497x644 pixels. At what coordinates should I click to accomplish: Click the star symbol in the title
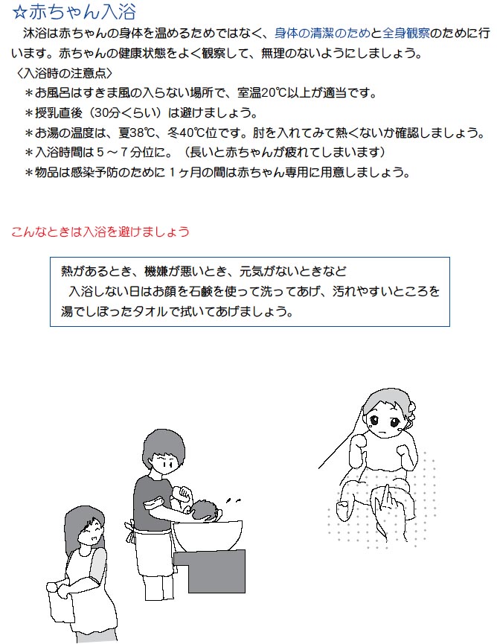click(x=19, y=13)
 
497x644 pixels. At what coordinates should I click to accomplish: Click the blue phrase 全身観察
click(x=406, y=34)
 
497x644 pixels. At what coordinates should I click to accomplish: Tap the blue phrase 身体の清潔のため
click(x=322, y=34)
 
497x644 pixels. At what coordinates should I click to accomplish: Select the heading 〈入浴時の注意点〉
click(x=64, y=73)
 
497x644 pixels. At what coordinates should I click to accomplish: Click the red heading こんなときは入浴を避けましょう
click(x=100, y=232)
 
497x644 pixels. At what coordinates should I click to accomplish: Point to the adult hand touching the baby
click(x=386, y=511)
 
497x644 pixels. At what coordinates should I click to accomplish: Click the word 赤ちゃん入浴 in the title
click(x=82, y=13)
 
